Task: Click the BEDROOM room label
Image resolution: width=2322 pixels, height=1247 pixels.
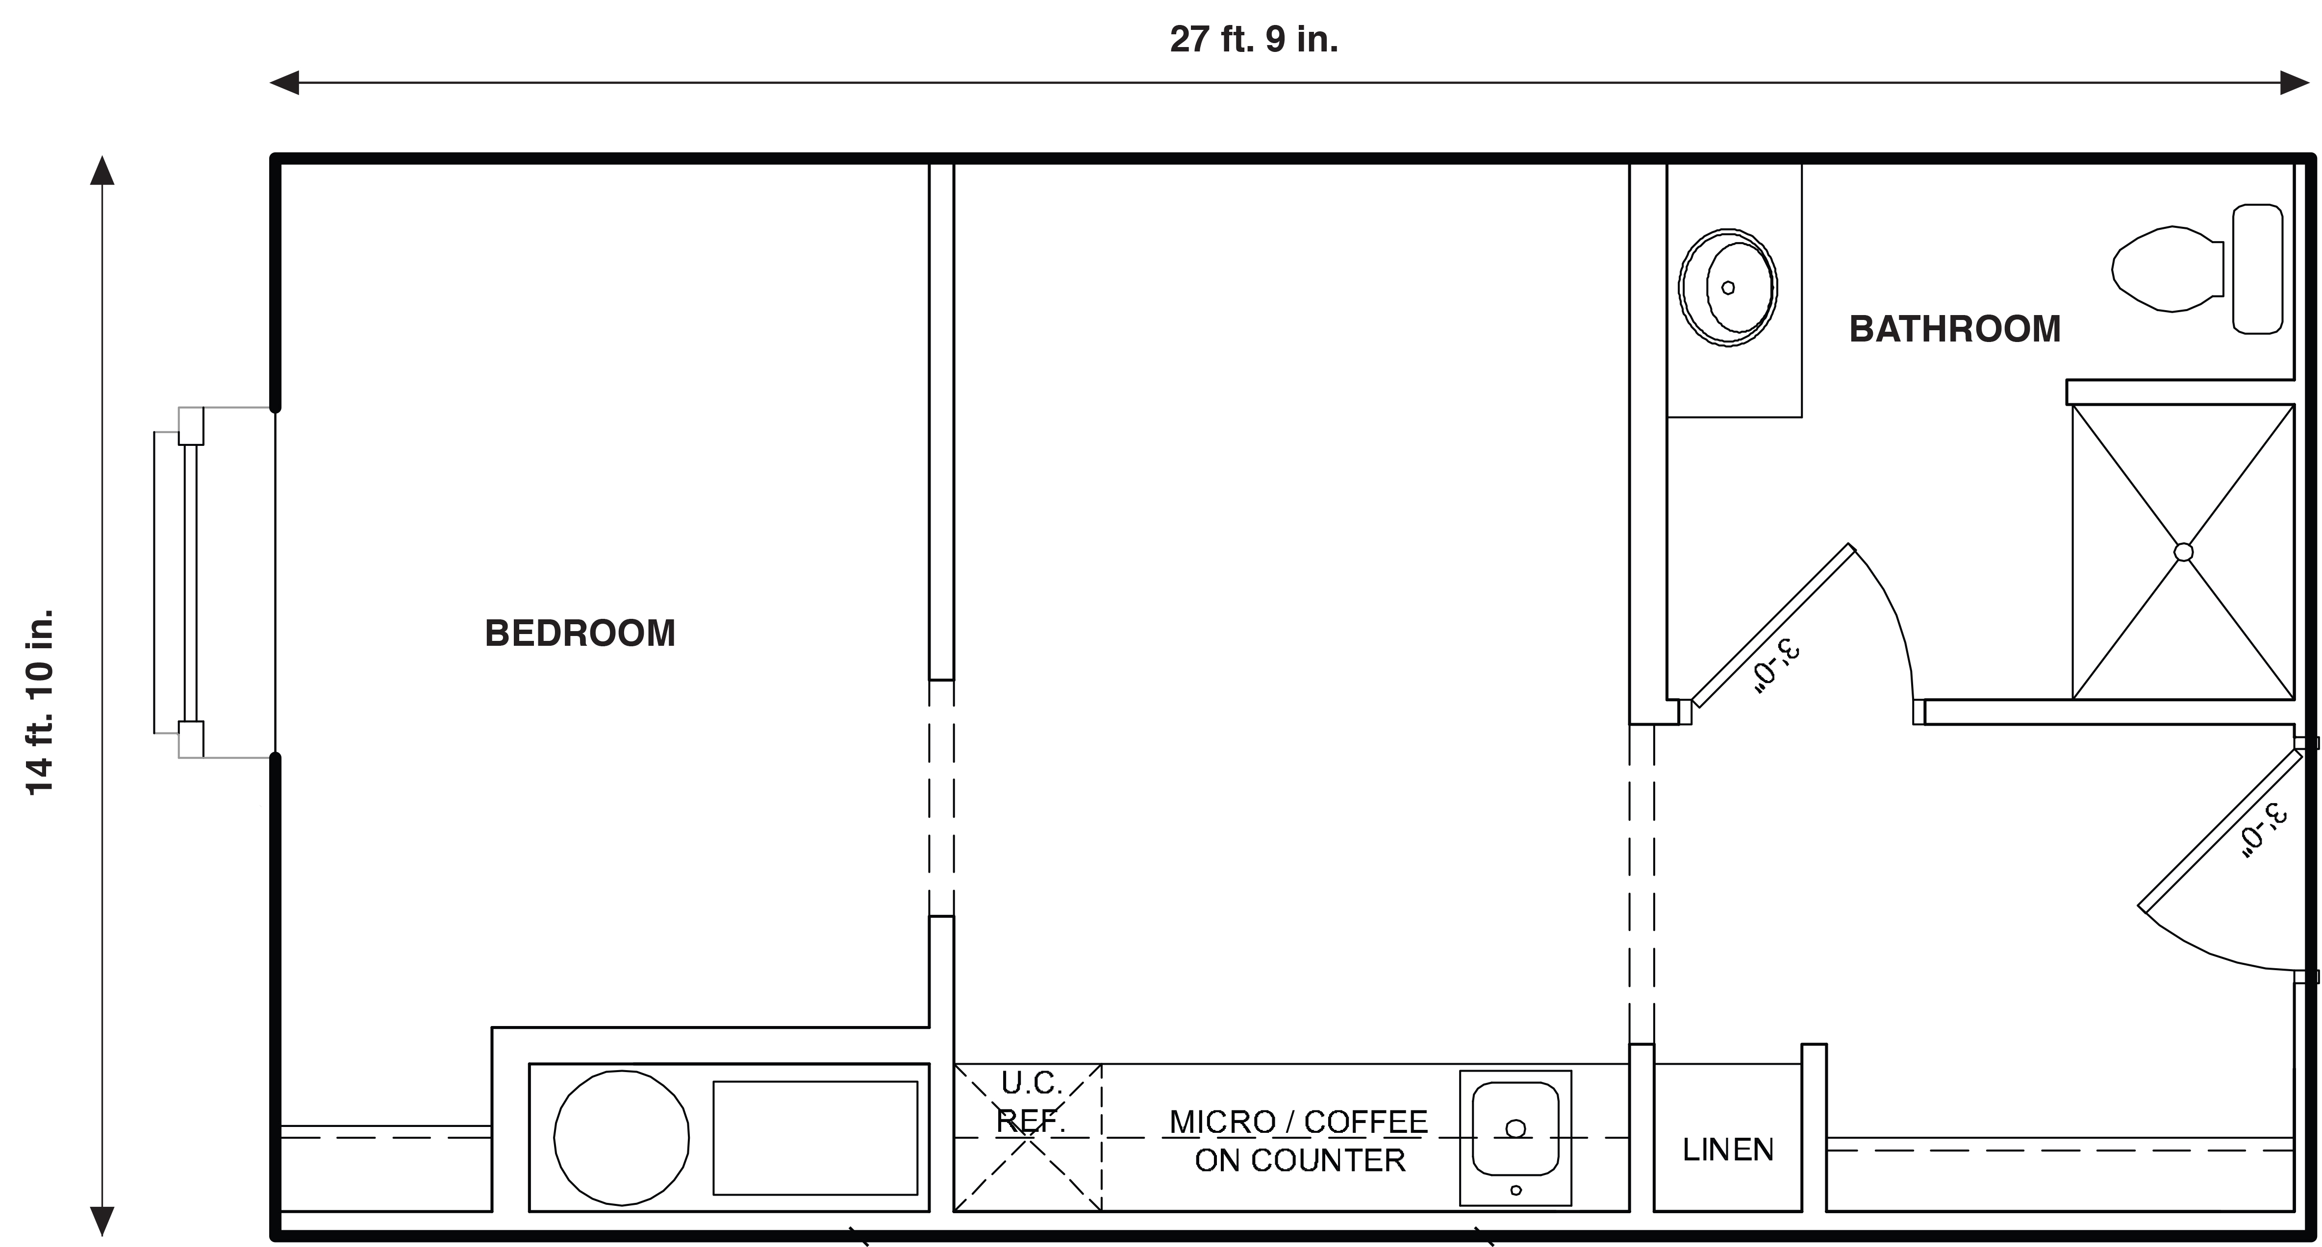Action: point(580,634)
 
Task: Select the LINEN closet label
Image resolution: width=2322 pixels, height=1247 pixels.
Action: point(1728,1149)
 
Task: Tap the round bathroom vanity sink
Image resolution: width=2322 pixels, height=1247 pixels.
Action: point(1728,288)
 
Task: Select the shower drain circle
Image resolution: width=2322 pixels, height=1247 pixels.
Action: point(2183,552)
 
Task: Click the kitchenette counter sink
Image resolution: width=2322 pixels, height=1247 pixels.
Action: point(1515,1138)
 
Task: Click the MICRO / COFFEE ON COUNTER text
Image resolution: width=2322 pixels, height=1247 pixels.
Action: point(1299,1141)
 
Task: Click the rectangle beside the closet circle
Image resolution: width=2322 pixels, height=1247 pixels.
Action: point(815,1138)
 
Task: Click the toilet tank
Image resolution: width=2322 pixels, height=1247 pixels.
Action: point(2257,269)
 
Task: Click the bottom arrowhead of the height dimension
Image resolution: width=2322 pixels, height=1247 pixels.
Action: point(102,1222)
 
